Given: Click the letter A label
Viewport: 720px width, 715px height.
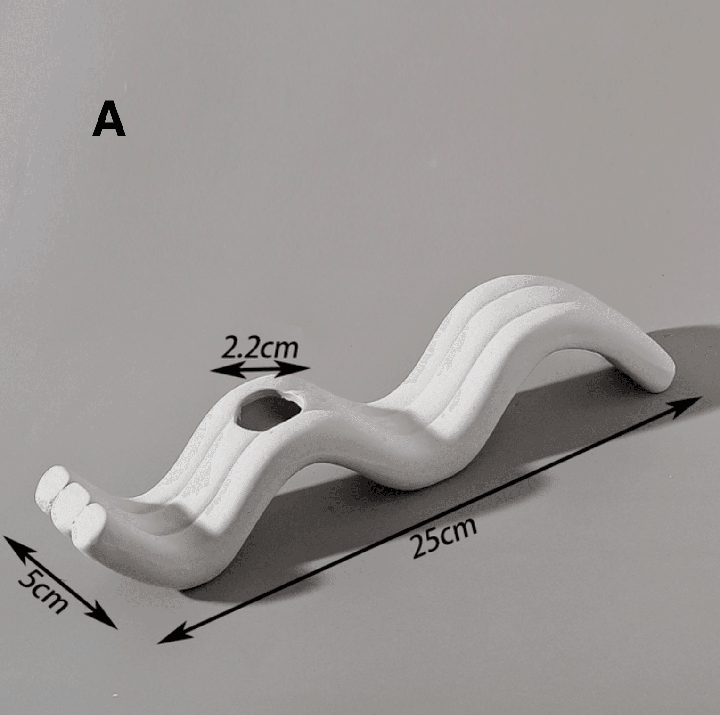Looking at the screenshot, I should click(x=109, y=121).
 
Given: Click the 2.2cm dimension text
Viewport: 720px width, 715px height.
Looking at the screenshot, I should click(x=259, y=348).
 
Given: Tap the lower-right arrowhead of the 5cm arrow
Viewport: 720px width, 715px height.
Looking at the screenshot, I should click(x=108, y=621).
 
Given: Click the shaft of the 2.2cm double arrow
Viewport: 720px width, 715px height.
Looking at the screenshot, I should click(x=260, y=370).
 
